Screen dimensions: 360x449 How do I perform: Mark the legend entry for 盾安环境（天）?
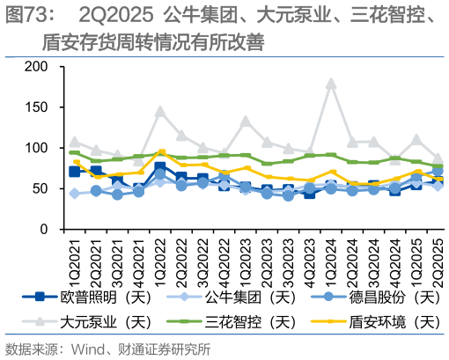tap(377, 320)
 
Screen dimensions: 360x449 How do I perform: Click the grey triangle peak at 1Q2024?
tap(331, 84)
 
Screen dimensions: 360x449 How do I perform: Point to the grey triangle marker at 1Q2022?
tap(160, 112)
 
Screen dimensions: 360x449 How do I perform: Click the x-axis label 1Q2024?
tap(332, 254)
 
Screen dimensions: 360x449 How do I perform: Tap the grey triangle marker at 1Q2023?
tap(246, 121)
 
